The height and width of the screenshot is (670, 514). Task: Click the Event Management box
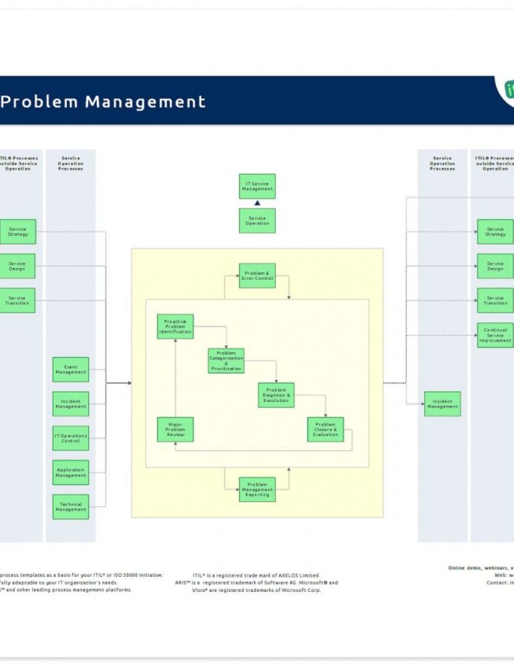click(x=71, y=369)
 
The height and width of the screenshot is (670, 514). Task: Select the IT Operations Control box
click(x=71, y=438)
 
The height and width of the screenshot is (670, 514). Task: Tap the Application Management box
click(x=71, y=472)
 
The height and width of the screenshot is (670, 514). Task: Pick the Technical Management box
click(x=71, y=507)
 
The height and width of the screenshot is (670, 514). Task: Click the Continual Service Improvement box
click(x=495, y=335)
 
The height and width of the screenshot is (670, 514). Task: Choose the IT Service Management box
click(x=257, y=186)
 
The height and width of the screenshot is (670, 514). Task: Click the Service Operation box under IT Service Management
click(x=257, y=220)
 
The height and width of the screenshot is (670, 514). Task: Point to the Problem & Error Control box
click(x=257, y=275)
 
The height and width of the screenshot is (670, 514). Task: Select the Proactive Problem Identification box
click(x=175, y=327)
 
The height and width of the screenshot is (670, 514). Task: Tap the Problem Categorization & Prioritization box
click(x=226, y=360)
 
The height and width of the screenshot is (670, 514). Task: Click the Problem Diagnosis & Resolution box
click(x=276, y=395)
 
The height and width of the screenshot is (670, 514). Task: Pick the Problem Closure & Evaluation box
click(x=326, y=430)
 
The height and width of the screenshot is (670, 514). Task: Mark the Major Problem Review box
click(x=175, y=430)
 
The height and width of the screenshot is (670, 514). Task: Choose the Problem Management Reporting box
click(x=257, y=489)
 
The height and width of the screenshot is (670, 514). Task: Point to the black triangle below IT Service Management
click(x=257, y=202)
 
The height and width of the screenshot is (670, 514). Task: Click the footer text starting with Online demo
click(x=480, y=568)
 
